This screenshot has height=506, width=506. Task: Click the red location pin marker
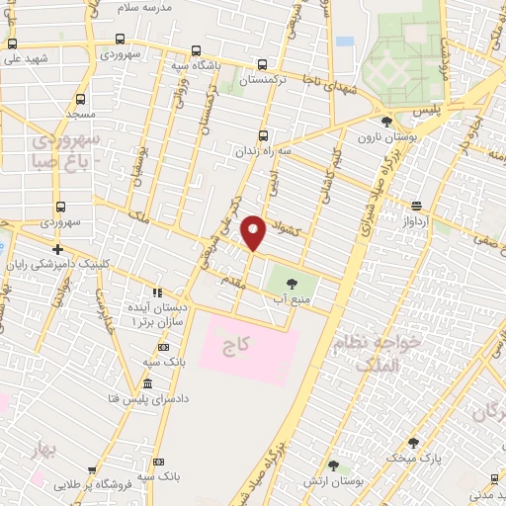[x=254, y=231]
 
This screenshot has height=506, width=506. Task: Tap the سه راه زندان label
[x=262, y=151]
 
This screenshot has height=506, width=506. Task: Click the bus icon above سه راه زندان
[x=262, y=136]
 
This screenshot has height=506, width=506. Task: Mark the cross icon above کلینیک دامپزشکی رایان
[x=58, y=249]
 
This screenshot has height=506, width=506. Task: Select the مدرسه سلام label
[x=172, y=8]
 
